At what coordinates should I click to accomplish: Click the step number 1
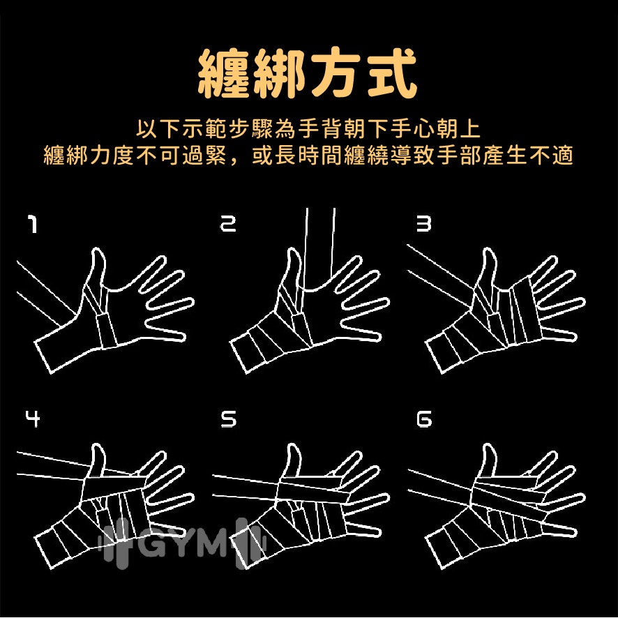point(33,223)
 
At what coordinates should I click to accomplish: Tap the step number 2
point(228,223)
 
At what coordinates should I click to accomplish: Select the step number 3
point(423,223)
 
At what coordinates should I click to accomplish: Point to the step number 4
point(33,419)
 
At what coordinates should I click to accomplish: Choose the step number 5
point(228,419)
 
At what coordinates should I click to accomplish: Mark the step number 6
point(424,419)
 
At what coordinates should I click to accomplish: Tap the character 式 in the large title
point(391,73)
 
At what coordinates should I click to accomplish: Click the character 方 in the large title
point(336,73)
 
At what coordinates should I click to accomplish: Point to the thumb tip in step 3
point(489,250)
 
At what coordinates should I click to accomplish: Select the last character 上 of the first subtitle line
point(470,128)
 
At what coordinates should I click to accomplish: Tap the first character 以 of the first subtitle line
point(146,128)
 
